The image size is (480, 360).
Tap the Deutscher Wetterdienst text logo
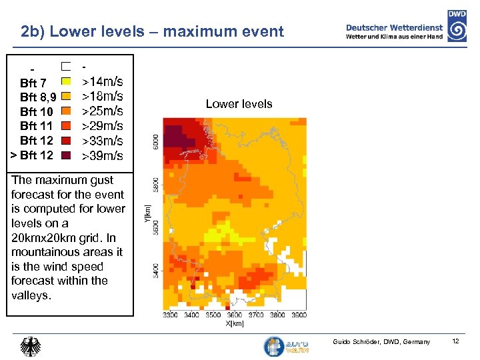395,31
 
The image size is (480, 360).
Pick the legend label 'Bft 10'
37,112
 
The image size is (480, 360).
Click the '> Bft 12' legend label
32,155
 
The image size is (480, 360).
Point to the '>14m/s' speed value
102,82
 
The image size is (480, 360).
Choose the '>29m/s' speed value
102,126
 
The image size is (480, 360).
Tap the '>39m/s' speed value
102,156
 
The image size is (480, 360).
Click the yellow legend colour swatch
66,82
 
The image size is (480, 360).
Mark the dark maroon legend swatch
66,155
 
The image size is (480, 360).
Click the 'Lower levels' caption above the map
239,104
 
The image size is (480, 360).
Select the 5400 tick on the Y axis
155,270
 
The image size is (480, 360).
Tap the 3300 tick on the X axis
170,315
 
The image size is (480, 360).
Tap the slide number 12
455,341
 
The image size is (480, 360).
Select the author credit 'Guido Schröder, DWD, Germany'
381,342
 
